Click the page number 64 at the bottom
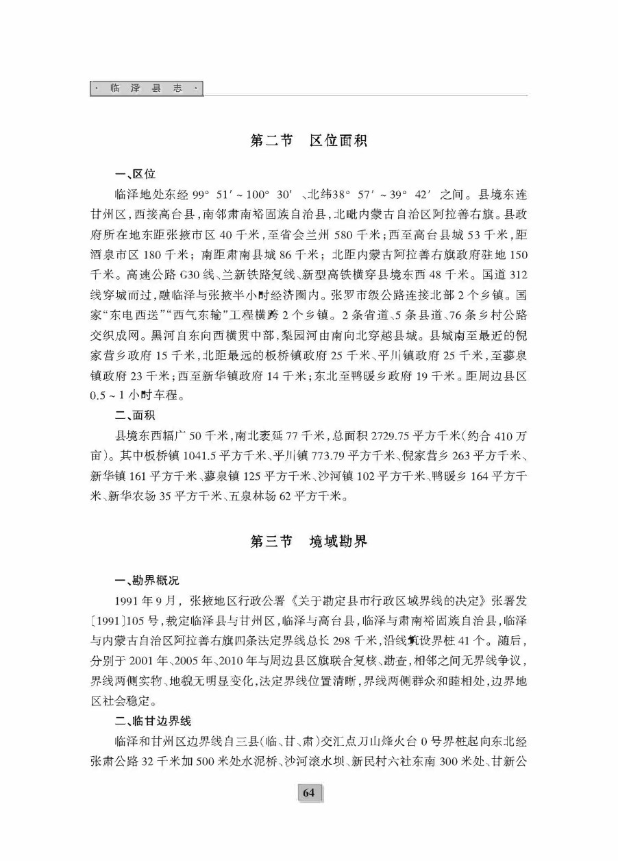[x=308, y=793]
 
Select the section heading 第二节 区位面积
[x=309, y=141]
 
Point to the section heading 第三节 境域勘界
[x=309, y=542]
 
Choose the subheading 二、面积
[x=134, y=415]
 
